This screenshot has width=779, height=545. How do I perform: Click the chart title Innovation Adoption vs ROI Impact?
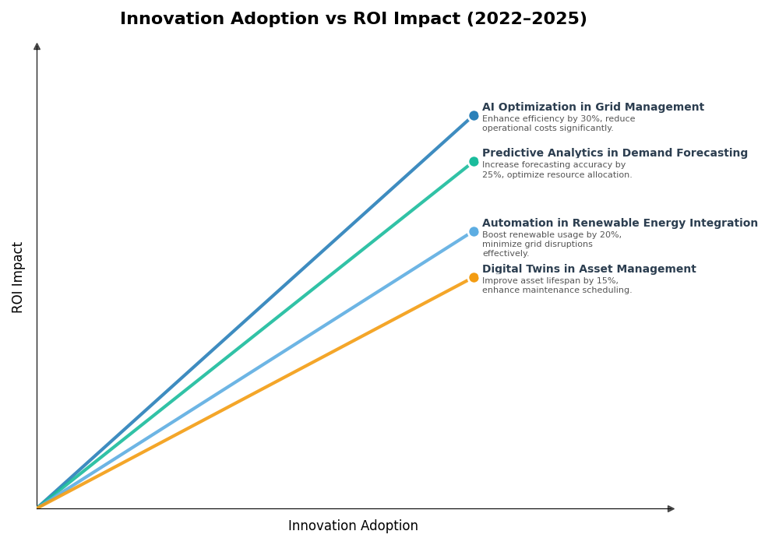[353, 19]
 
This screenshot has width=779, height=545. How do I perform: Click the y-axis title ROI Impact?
[18, 277]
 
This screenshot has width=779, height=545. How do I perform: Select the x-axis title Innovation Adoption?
[353, 526]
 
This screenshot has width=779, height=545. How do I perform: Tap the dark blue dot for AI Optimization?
[474, 116]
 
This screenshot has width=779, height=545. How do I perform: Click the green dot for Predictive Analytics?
[474, 162]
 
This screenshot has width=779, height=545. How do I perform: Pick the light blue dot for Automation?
[474, 231]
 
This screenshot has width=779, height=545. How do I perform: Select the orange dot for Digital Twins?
[474, 278]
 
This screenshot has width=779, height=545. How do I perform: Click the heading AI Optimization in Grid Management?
[593, 107]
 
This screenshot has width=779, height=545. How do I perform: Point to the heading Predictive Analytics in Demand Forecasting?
[615, 153]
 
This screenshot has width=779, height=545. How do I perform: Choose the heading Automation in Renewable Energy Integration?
[619, 223]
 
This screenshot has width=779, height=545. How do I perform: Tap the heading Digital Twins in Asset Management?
[589, 269]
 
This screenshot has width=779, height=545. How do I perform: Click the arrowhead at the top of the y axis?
[37, 47]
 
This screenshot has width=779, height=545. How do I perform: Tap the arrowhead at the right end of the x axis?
[671, 508]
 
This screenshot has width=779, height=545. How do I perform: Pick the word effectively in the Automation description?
[506, 254]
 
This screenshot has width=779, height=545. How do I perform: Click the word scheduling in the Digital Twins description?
[607, 290]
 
